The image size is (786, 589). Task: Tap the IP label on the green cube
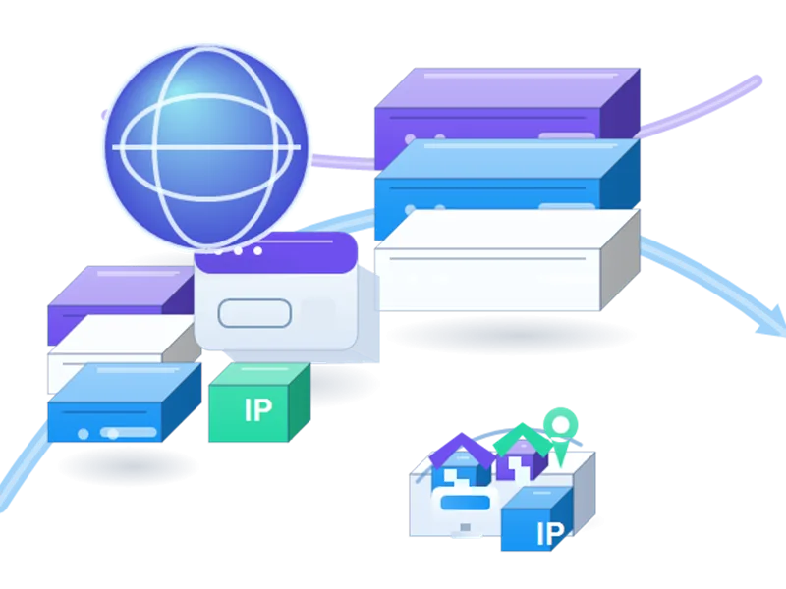click(x=258, y=410)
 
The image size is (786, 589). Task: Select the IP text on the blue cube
click(x=550, y=534)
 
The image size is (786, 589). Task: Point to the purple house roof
click(x=462, y=451)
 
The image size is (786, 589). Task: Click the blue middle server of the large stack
click(x=507, y=187)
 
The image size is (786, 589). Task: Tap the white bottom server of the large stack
click(x=507, y=260)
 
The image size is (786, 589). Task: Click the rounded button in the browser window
click(x=254, y=313)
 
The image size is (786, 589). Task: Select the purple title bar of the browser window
click(x=276, y=252)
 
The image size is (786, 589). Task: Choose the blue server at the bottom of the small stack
click(x=125, y=403)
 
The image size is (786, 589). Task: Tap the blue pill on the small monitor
click(x=465, y=503)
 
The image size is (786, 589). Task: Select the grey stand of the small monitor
click(x=465, y=528)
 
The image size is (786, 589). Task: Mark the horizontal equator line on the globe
click(x=206, y=147)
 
